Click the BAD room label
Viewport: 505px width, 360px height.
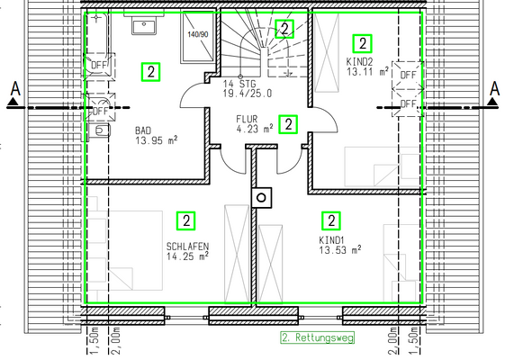pos(143,130)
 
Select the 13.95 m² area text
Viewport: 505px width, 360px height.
pos(157,140)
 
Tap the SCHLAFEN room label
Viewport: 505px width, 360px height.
pos(187,247)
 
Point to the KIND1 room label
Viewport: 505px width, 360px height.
pos(332,240)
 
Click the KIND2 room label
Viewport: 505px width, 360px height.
pos(359,61)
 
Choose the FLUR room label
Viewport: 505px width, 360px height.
pos(247,119)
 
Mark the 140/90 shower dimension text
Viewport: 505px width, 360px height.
pos(198,34)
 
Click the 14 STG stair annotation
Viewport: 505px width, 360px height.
pos(239,84)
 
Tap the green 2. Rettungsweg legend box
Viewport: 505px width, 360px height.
pos(317,337)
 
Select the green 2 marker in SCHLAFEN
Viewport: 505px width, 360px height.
pos(186,220)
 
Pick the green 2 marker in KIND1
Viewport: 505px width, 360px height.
pos(331,220)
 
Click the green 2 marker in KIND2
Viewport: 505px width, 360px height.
pos(363,43)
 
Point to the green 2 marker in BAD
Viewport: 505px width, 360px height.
pos(150,72)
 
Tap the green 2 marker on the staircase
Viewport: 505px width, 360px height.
pos(284,29)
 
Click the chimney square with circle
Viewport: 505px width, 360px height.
pos(262,198)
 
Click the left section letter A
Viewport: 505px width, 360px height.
pos(15,88)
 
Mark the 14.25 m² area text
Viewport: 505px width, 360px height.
pos(187,256)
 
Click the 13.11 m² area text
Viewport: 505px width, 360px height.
pos(367,71)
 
